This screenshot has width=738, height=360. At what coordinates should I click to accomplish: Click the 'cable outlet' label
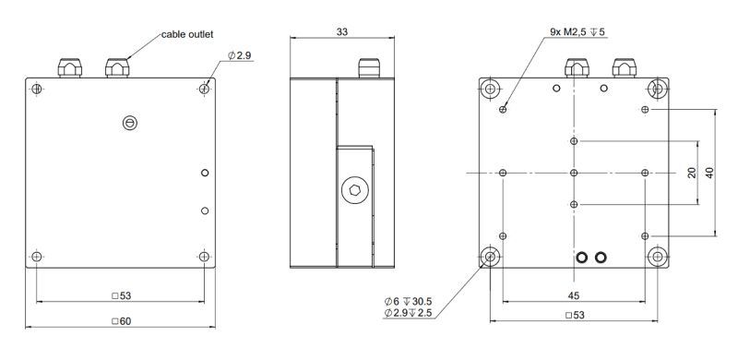point(187,34)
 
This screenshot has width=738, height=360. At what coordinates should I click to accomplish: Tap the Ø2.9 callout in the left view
point(240,55)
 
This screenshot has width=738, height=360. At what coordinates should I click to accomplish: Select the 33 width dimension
point(342,32)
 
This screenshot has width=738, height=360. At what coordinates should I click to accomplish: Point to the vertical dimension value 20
point(691,173)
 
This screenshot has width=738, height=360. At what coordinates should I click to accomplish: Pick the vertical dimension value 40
point(709,173)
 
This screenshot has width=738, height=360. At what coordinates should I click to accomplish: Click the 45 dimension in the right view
point(573,296)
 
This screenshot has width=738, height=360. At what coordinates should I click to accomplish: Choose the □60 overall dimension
point(122,321)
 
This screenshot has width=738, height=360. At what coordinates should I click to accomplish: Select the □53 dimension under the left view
point(122,296)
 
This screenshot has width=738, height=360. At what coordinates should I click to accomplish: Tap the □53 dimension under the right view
point(575,316)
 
